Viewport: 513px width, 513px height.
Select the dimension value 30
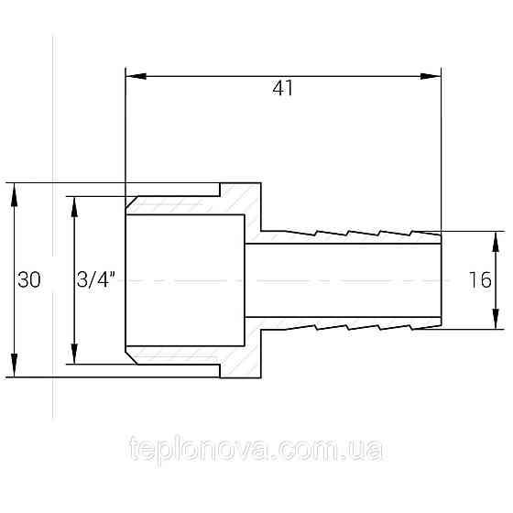(28, 280)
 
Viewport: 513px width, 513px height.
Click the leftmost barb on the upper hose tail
(302, 227)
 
